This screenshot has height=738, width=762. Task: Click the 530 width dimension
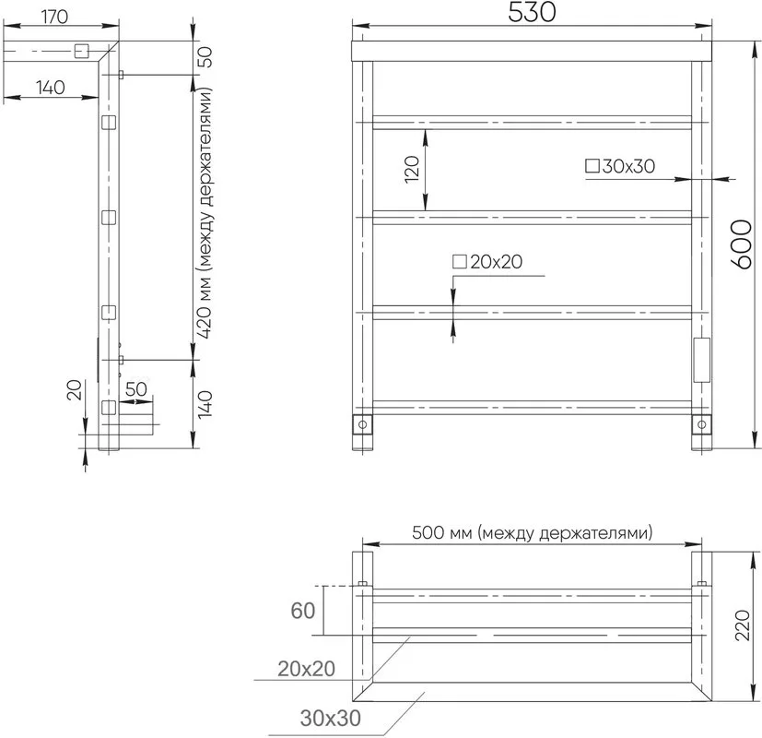tap(532, 13)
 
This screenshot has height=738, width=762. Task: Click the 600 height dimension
tap(742, 244)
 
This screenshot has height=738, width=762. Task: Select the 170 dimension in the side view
tap(54, 17)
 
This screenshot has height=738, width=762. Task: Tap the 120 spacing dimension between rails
tap(412, 170)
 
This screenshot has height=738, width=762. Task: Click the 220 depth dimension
tap(743, 625)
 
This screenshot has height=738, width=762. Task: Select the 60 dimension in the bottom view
tap(303, 611)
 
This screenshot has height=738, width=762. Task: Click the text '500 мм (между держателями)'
tap(533, 532)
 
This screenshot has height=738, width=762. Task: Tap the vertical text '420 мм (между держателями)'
tap(205, 213)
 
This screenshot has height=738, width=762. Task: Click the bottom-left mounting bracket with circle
tap(362, 424)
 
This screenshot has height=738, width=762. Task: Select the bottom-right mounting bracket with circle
tap(701, 424)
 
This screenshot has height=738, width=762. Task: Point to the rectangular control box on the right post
tap(701, 360)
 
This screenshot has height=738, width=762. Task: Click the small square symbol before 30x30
tap(592, 166)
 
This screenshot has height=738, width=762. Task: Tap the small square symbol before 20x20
tap(460, 262)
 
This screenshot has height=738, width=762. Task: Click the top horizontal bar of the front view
tap(532, 51)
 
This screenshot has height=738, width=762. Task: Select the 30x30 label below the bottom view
tap(331, 718)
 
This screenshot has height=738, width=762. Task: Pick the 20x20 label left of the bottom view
tap(306, 669)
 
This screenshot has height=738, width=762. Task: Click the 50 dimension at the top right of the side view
tap(205, 57)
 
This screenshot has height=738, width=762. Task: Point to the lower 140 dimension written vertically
tap(205, 404)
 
